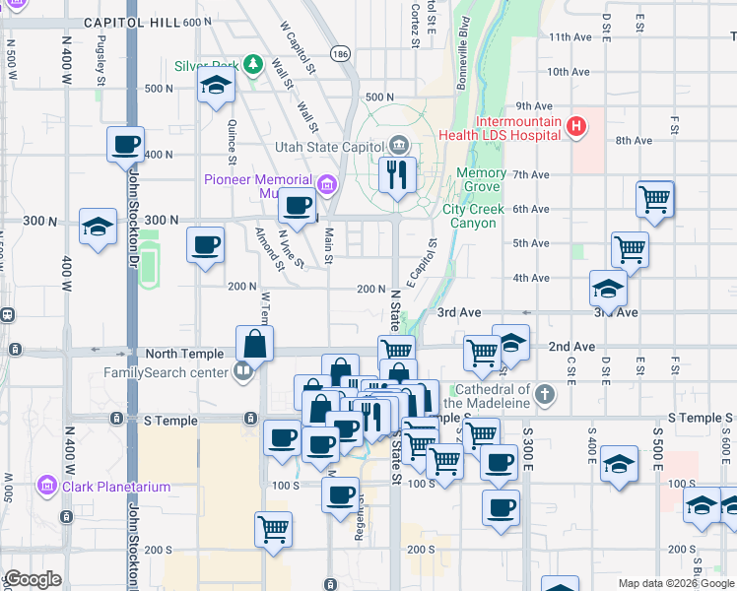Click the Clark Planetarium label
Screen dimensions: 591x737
point(112,487)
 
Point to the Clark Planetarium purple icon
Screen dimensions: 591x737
point(45,487)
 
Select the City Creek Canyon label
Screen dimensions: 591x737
point(473,216)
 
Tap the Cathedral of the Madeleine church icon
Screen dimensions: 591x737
point(545,397)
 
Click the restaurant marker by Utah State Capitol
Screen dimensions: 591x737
point(397,176)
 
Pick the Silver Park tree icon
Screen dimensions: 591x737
point(253,65)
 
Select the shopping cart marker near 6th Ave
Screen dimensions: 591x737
point(654,200)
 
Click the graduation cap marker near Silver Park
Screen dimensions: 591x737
point(215,86)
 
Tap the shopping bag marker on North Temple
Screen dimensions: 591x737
point(254,344)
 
